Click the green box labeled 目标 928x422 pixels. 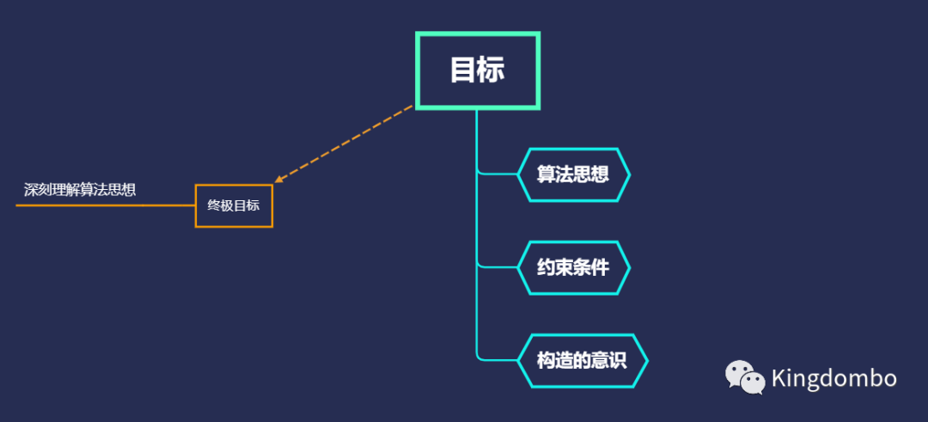(x=477, y=70)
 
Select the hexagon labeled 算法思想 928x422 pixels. (x=573, y=174)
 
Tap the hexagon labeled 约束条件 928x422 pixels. (x=573, y=267)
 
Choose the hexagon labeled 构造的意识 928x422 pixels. (x=582, y=360)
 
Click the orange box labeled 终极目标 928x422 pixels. (x=234, y=206)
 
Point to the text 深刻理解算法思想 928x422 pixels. (x=80, y=190)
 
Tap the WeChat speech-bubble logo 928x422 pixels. (x=744, y=377)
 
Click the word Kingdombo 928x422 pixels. (x=833, y=378)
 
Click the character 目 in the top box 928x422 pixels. (x=463, y=70)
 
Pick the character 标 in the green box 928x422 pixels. (x=491, y=70)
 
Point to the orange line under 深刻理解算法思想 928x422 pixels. (x=103, y=206)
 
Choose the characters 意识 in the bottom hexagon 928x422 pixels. (x=609, y=360)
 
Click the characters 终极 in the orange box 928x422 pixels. (x=220, y=206)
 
